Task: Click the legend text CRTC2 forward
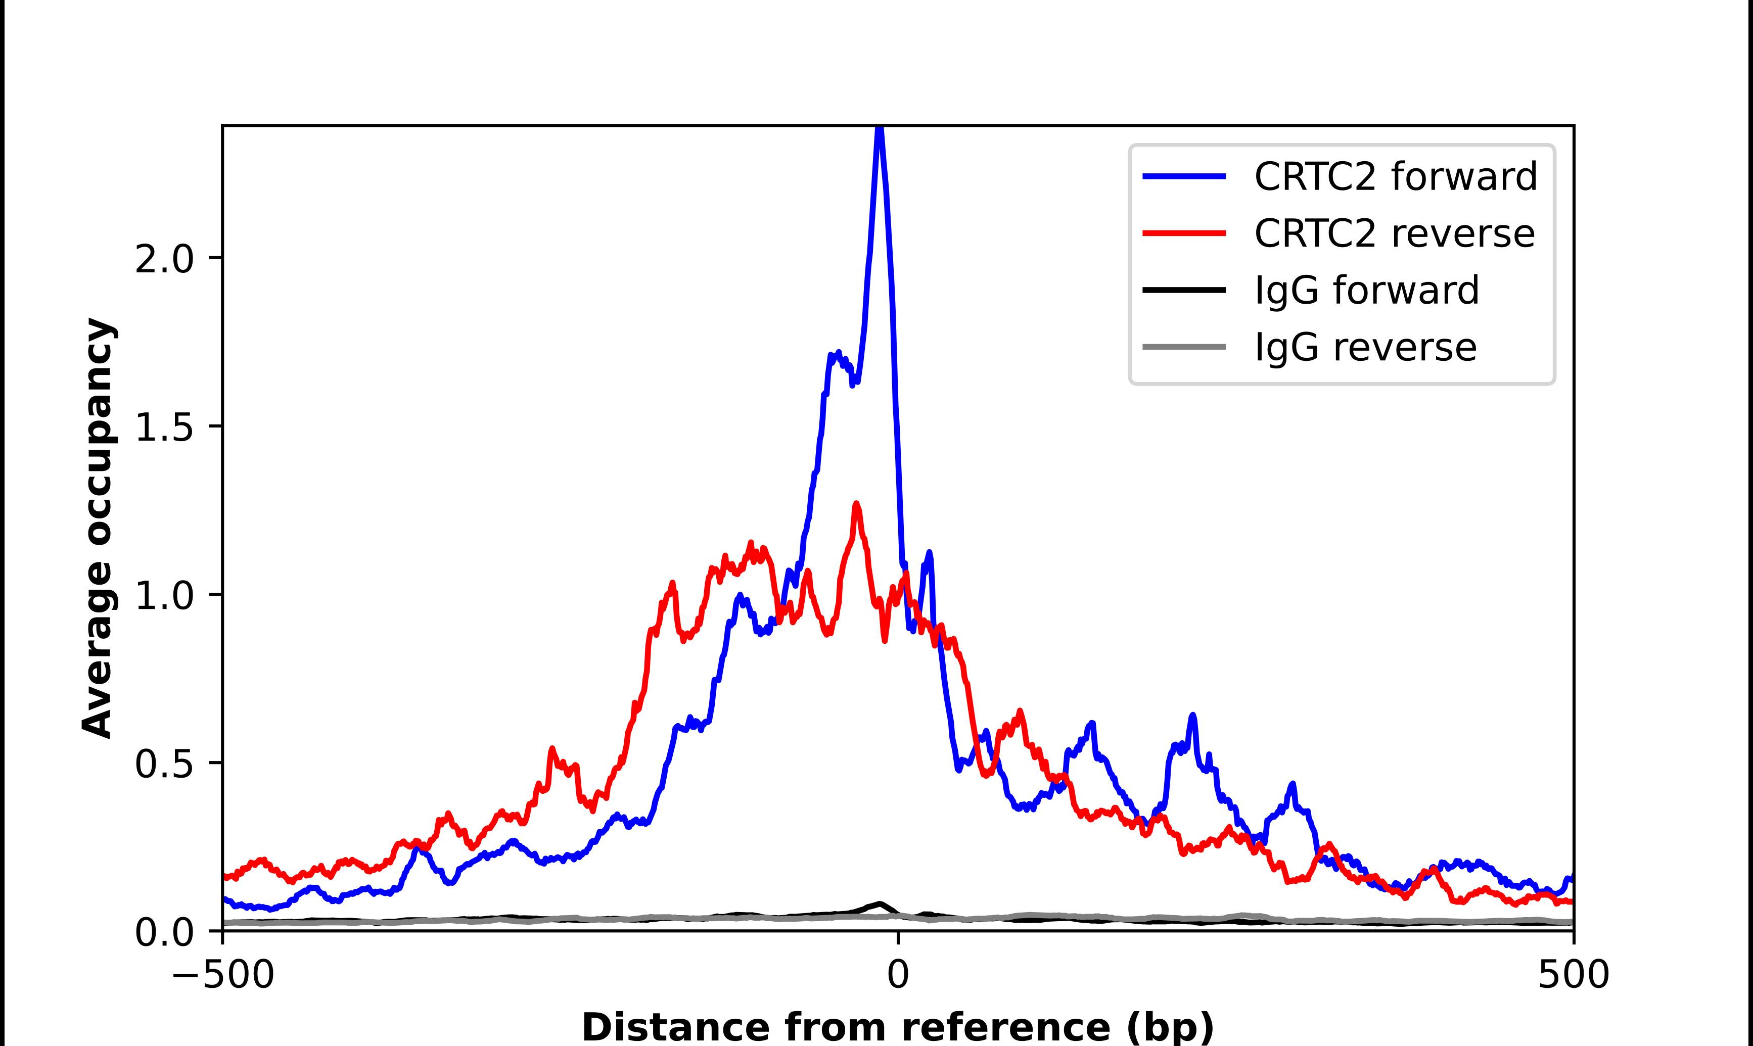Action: [1395, 176]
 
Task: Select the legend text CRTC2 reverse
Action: [1394, 233]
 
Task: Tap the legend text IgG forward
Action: [1366, 291]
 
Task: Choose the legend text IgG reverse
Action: [1365, 348]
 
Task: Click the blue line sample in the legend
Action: [1184, 176]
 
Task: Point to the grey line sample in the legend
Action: [1184, 347]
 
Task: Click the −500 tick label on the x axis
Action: [223, 976]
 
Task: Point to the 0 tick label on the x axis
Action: [898, 976]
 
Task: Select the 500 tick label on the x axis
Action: [1573, 976]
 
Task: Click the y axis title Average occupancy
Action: [97, 528]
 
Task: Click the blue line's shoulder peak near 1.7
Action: [836, 354]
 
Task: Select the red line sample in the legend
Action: [1184, 233]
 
